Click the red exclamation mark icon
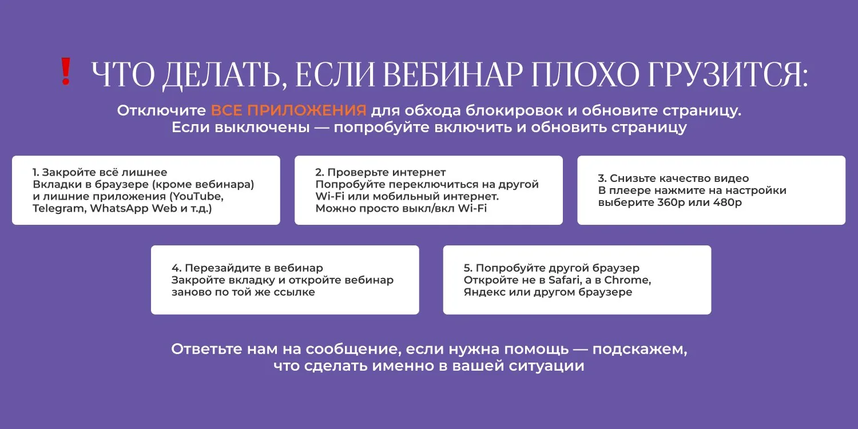click(x=66, y=71)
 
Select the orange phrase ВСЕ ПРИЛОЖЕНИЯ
click(x=288, y=110)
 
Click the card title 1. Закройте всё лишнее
click(x=100, y=172)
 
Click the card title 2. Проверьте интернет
click(x=380, y=172)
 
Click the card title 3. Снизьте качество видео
click(x=673, y=178)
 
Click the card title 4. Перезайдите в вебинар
click(x=247, y=268)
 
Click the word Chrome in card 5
click(x=627, y=280)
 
